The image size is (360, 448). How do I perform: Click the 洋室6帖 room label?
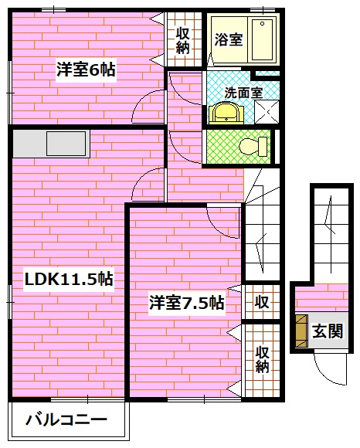click(x=85, y=70)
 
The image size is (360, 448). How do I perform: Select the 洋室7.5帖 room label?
click(x=186, y=303)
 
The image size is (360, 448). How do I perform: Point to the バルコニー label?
click(x=66, y=422)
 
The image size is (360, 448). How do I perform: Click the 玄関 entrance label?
click(x=328, y=331)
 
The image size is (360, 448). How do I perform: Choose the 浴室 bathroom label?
click(x=229, y=39)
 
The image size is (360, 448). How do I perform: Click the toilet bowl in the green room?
click(x=251, y=145)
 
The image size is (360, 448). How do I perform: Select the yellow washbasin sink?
click(x=225, y=114)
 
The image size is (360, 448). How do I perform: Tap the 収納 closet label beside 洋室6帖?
click(x=183, y=39)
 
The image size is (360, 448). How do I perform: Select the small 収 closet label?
click(x=262, y=302)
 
